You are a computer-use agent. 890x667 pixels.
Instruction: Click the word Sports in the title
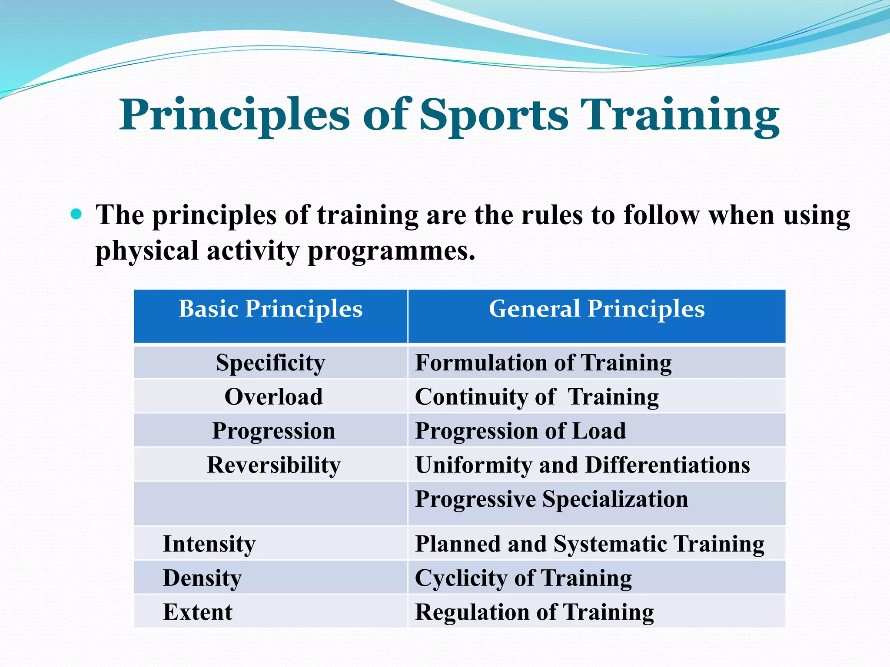tap(494, 115)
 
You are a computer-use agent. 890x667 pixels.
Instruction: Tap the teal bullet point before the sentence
tap(76, 214)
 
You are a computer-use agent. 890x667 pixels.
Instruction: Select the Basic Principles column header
tap(270, 309)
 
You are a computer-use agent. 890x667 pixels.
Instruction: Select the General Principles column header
tap(597, 309)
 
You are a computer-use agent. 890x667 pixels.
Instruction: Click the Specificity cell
tap(270, 363)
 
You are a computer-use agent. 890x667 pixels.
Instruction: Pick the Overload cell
tap(273, 396)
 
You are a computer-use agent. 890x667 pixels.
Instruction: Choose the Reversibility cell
tap(273, 465)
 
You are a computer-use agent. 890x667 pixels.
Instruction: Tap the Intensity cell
tap(209, 544)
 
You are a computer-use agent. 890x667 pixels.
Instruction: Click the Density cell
tap(202, 578)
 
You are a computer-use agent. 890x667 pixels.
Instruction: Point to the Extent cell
tap(197, 612)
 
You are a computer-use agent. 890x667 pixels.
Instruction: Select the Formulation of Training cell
tap(543, 363)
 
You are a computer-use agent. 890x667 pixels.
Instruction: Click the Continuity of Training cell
tap(537, 397)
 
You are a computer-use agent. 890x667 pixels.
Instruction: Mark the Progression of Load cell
tap(520, 431)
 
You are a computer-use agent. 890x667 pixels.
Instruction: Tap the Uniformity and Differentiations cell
tap(582, 465)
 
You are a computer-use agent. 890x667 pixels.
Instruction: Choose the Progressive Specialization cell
tap(551, 499)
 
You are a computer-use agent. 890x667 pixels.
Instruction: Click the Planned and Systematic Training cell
tap(589, 544)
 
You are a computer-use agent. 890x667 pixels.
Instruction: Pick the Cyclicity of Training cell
tap(523, 578)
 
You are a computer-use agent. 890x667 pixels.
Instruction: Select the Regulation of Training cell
tap(534, 612)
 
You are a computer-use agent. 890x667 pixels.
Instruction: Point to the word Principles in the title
tap(234, 115)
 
